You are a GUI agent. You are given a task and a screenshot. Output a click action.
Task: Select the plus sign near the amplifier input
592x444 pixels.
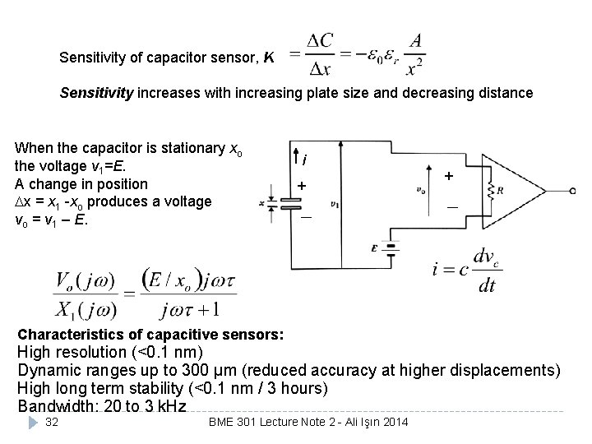coord(448,175)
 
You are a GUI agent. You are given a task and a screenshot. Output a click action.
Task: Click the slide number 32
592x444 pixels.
coord(51,422)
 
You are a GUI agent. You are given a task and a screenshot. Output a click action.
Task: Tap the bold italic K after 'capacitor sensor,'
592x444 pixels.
coord(269,58)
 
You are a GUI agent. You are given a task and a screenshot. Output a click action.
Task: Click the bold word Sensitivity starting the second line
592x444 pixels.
coord(96,93)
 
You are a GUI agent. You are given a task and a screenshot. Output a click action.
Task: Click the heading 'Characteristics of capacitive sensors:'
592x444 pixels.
coord(151,335)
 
